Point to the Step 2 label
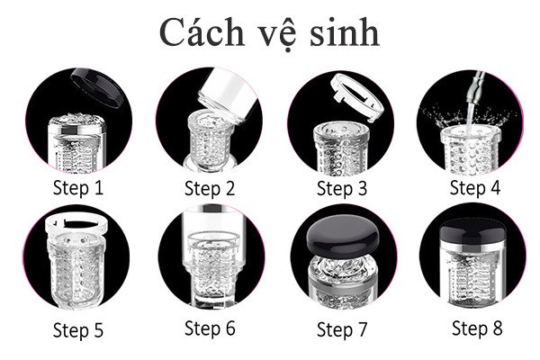pyautogui.click(x=210, y=188)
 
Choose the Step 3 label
pyautogui.click(x=342, y=188)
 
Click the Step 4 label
pyautogui.click(x=474, y=187)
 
